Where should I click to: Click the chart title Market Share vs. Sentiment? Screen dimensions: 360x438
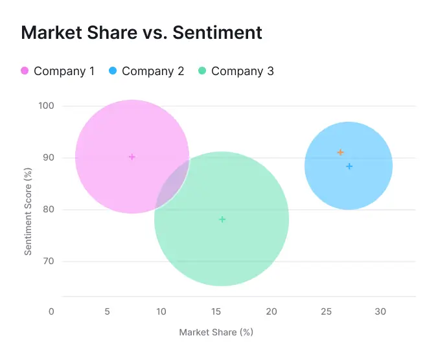(141, 33)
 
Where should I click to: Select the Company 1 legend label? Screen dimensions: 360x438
(64, 71)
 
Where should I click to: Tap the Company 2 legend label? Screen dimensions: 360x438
(153, 71)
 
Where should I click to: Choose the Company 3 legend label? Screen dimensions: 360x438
(242, 71)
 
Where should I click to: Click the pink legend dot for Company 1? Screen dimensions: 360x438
(25, 71)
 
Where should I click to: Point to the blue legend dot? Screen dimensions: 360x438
(113, 71)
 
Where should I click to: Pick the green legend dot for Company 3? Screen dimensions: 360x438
(202, 71)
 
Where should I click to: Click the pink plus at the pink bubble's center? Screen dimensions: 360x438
(132, 157)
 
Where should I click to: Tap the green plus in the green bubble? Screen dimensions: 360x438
(222, 219)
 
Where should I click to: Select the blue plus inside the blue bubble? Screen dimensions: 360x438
(349, 166)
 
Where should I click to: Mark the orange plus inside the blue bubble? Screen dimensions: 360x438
(340, 152)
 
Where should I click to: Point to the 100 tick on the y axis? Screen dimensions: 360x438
(46, 106)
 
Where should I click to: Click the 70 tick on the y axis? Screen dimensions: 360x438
(48, 261)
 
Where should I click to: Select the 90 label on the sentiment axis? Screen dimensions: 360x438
(48, 157)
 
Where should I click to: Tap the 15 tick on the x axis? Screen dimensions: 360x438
(216, 311)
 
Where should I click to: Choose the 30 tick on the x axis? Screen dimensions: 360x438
(380, 311)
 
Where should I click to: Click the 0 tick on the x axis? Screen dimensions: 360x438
(52, 311)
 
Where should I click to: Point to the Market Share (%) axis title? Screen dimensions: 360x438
(216, 332)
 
